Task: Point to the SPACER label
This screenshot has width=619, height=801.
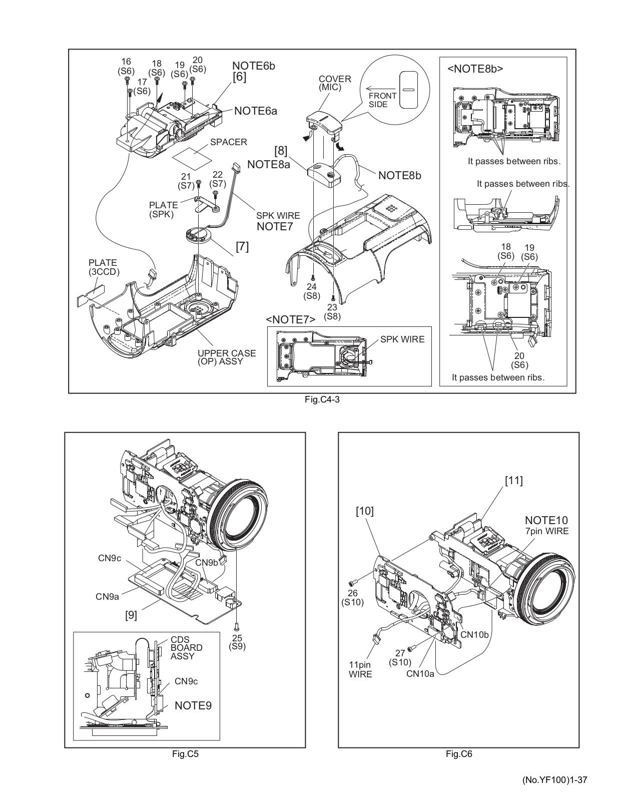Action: click(228, 142)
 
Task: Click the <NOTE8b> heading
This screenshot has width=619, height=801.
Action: click(475, 69)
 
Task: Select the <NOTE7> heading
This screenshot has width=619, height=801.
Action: click(291, 319)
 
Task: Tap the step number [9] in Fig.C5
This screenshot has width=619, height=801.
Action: click(131, 614)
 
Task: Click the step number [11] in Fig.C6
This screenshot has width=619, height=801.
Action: click(513, 481)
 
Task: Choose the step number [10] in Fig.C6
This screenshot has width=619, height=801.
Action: click(365, 511)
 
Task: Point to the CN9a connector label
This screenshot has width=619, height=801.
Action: click(108, 596)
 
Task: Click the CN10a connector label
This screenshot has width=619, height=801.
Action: click(420, 674)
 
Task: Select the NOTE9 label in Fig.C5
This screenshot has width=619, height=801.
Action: click(193, 705)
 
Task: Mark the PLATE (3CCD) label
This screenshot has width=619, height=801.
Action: click(103, 267)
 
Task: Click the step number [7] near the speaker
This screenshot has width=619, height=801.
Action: click(242, 246)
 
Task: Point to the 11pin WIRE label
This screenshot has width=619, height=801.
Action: click(360, 669)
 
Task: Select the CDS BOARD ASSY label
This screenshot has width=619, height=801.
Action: click(186, 647)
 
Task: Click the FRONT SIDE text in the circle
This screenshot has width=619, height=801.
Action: click(382, 100)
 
